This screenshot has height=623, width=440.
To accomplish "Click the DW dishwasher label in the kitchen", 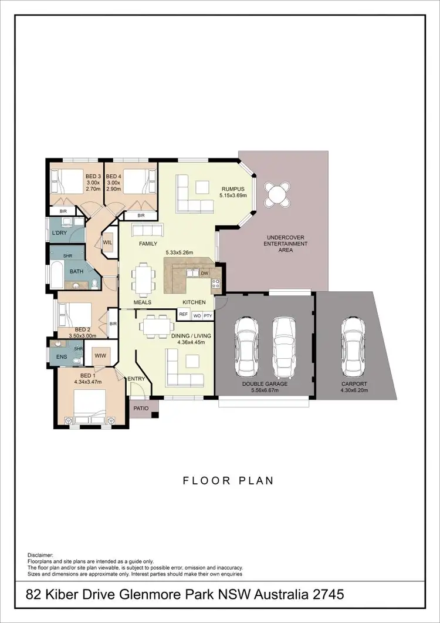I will tap(204, 274).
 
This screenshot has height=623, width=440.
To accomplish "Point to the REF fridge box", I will tap(183, 315).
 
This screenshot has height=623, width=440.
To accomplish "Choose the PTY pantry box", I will tap(208, 315).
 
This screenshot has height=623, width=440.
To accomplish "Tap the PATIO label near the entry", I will tap(141, 408).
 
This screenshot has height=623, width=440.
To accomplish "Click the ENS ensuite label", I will tap(60, 356).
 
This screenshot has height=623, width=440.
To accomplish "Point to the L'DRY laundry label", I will tap(59, 234).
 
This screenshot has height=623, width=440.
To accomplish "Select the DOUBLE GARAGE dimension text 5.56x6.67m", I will tap(265, 390).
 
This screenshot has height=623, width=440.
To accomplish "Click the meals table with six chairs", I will tap(142, 278).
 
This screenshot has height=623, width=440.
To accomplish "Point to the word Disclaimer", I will tap(40, 554).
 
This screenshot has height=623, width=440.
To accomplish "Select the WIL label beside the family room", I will tap(107, 242).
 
